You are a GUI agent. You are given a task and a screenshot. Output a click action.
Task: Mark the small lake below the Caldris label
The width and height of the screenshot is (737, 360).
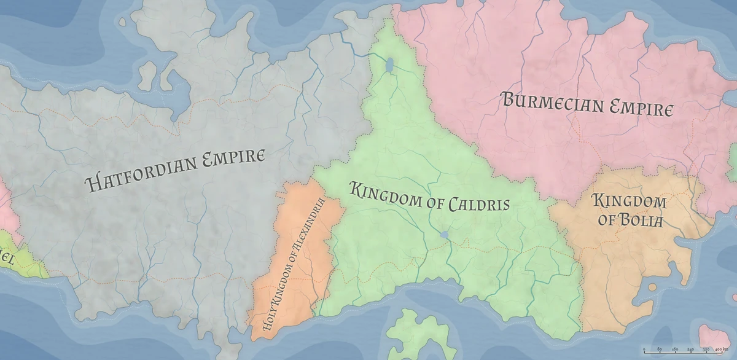pyautogui.click(x=444, y=234)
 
